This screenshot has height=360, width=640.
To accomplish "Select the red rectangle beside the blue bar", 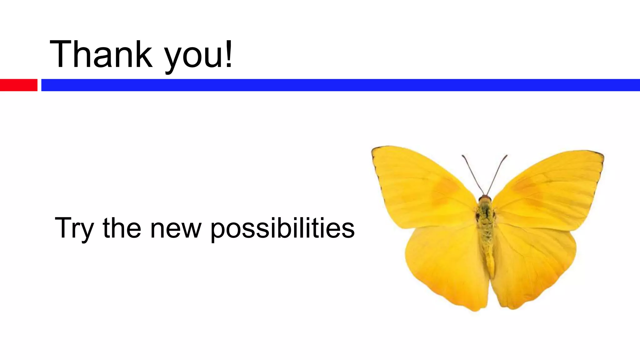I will tap(18, 85).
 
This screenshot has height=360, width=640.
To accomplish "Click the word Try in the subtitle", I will tap(74, 228).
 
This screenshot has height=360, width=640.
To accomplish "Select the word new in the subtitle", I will tap(176, 230).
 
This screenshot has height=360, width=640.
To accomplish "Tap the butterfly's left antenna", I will tap(472, 174).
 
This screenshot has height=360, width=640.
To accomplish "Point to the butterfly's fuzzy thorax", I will tap(485, 216).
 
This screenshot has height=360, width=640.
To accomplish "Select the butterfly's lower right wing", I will tap(531, 262).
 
